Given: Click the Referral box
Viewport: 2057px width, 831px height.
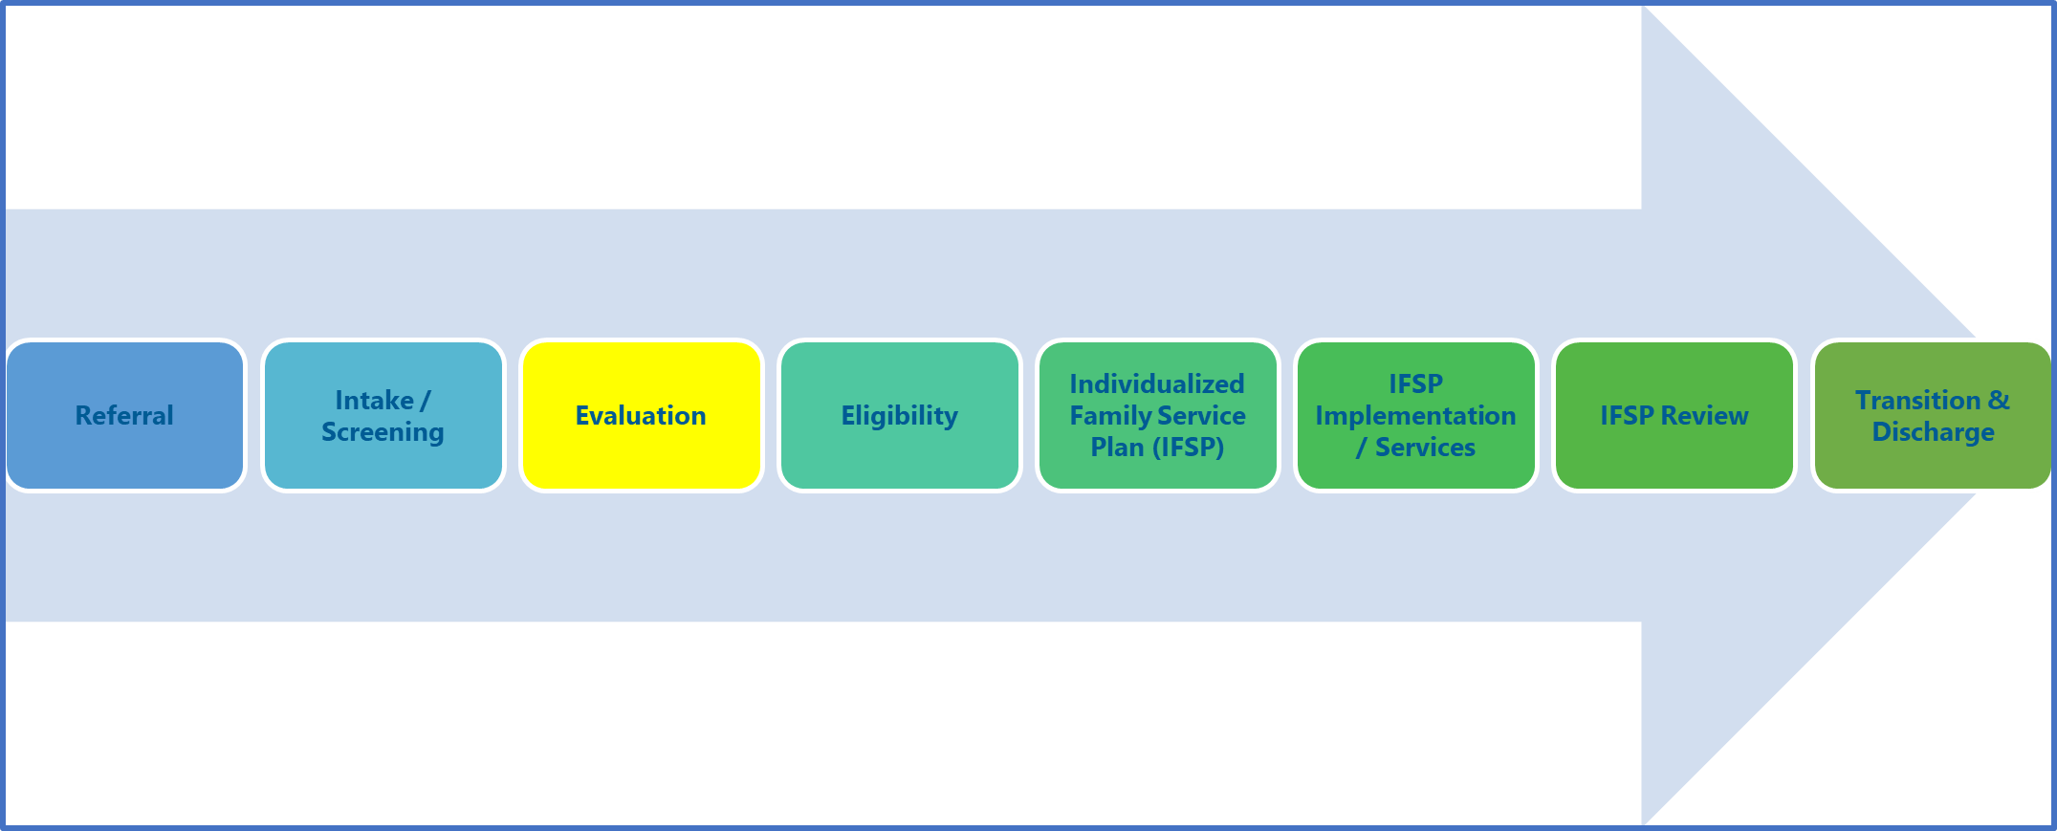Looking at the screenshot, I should pos(125,416).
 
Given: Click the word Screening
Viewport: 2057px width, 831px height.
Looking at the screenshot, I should pos(383,432).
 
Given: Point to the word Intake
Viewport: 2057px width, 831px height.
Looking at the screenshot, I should pos(374,400).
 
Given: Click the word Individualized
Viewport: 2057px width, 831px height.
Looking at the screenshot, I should pos(1157,383).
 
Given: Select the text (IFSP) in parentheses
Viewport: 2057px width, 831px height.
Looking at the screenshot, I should pos(1189,448).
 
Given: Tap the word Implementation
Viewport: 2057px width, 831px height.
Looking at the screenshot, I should pos(1415,415).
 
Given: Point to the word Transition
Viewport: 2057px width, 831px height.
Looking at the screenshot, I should pos(1917,400).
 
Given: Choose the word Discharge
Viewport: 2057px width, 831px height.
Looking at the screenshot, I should pos(1933,432).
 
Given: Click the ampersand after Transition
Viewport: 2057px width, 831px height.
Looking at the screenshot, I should pos(1999,400).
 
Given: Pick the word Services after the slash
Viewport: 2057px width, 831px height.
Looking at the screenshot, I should pos(1425,448).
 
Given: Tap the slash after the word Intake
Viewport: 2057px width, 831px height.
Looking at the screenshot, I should pos(426,401).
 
